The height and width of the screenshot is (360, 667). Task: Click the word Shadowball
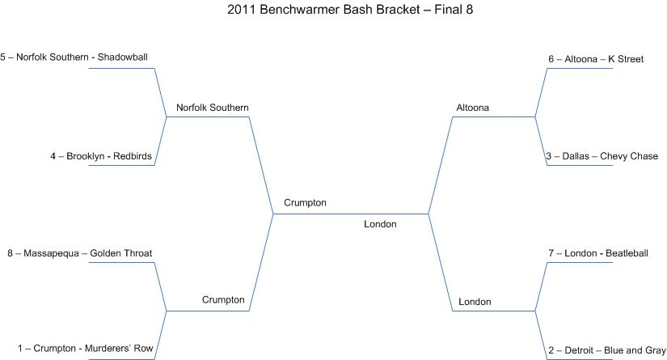(123, 57)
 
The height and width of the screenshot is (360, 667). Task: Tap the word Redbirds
(133, 156)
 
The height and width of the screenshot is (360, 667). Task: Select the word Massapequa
(51, 253)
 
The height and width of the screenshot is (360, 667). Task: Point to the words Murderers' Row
(119, 349)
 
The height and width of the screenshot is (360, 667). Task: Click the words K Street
(626, 59)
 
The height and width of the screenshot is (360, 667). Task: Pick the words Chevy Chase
(629, 156)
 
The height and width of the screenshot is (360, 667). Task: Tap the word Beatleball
(627, 253)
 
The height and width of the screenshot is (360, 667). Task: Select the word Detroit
(579, 350)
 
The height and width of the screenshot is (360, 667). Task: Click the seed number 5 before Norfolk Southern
(3, 57)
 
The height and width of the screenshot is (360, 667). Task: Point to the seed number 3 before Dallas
(549, 156)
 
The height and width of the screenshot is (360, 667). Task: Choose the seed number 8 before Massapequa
(11, 253)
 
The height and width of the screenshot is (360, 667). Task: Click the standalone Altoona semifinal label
(473, 108)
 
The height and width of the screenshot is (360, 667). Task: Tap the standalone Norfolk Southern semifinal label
(213, 108)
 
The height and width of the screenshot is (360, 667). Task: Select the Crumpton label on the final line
(305, 203)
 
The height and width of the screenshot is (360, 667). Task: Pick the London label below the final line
(380, 224)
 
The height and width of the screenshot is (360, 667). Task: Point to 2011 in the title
(241, 10)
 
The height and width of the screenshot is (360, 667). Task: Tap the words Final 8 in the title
(454, 10)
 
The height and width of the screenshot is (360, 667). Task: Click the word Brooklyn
(85, 156)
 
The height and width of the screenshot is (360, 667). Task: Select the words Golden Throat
(120, 253)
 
